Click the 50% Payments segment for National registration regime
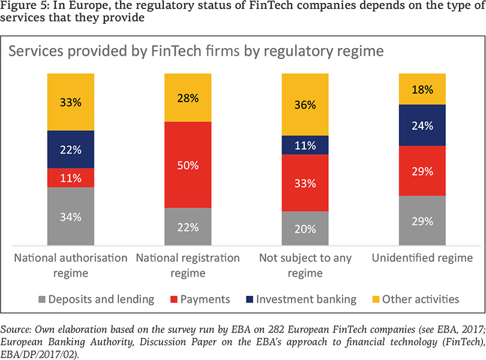188,165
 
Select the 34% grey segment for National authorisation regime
71,217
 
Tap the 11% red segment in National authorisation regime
71,178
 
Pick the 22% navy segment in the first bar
71,149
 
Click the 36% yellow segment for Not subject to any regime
305,104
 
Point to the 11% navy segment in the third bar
305,145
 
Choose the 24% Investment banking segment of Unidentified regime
423,125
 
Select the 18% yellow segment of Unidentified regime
423,89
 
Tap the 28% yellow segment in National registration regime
188,98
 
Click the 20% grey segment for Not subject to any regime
305,229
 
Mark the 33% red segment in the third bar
305,183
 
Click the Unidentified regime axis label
422,259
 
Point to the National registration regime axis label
188,265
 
